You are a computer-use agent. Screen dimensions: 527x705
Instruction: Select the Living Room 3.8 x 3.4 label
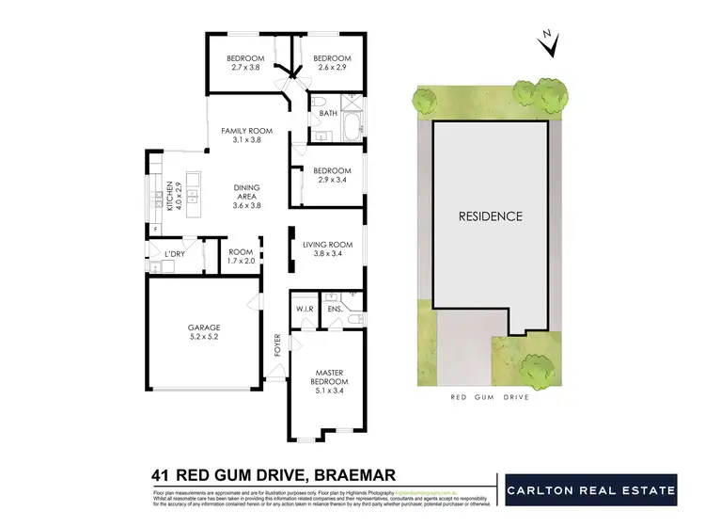[x=326, y=249]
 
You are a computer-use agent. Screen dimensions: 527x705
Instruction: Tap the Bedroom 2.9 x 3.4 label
[x=324, y=175]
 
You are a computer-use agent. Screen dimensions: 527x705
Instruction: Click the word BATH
[x=328, y=114]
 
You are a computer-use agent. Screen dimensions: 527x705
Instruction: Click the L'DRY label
[x=174, y=255]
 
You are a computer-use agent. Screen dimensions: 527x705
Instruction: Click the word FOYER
[x=277, y=343]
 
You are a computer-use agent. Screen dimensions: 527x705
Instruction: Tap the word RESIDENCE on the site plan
[x=490, y=216]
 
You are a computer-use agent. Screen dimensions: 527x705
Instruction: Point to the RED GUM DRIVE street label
[x=490, y=397]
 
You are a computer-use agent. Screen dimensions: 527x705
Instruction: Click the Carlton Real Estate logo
[x=589, y=490]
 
